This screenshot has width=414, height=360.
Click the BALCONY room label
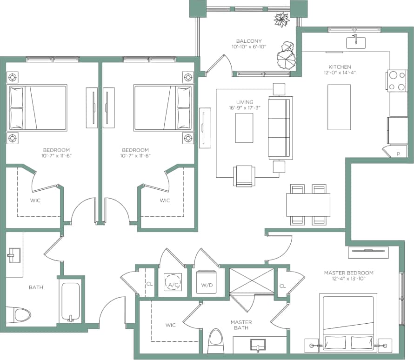click(248, 40)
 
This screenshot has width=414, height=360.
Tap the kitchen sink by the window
click(355, 42)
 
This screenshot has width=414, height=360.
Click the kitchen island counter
click(339, 107)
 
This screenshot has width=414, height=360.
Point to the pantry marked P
click(398, 152)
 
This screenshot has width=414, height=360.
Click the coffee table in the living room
click(244, 127)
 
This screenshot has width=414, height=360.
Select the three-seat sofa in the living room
click(280, 128)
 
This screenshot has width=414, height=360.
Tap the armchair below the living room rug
click(244, 176)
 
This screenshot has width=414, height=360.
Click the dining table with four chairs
click(307, 204)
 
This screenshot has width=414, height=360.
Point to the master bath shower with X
click(252, 280)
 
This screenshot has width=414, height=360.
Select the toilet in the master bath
click(216, 342)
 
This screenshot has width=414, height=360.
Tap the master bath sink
click(257, 345)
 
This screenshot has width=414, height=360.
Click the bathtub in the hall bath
click(71, 302)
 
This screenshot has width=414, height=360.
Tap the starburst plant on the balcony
click(281, 19)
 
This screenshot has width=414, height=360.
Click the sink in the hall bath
click(13, 254)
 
